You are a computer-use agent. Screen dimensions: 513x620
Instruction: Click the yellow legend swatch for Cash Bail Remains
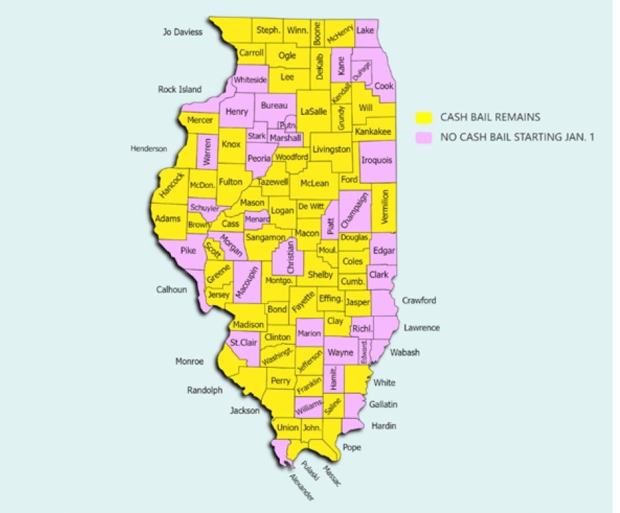tap(424, 117)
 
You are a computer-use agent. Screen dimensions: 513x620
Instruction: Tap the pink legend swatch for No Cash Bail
tap(424, 137)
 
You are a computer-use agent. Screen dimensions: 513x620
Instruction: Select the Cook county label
tap(384, 87)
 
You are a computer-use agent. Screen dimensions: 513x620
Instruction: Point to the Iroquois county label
tap(376, 161)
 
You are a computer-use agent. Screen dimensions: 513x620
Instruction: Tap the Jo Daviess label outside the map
tap(183, 31)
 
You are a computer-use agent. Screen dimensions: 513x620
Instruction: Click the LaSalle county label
tap(313, 111)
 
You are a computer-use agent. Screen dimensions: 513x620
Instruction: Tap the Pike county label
tap(188, 250)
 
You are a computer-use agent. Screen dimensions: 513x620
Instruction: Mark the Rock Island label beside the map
tap(180, 89)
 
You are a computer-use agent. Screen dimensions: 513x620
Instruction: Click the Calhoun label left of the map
tap(171, 289)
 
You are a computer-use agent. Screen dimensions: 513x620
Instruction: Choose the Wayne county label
tap(340, 353)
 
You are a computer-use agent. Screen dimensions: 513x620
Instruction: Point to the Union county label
tap(287, 428)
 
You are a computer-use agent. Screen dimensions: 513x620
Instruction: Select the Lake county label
tap(365, 31)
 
